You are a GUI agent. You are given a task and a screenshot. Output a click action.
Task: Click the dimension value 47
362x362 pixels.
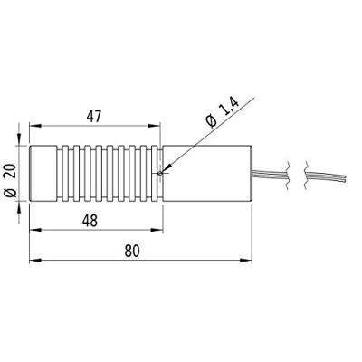pyautogui.click(x=94, y=117)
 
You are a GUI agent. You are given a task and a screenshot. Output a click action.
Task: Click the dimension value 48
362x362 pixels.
pyautogui.click(x=90, y=221)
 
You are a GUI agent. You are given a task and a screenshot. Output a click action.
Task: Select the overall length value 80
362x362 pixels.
pyautogui.click(x=132, y=251)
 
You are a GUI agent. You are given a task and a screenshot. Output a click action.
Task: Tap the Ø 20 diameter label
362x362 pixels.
pyautogui.click(x=11, y=180)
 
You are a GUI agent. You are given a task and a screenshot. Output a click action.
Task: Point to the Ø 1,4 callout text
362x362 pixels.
pyautogui.click(x=223, y=112)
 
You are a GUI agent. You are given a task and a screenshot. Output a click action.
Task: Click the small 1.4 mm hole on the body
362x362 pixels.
pyautogui.click(x=160, y=173)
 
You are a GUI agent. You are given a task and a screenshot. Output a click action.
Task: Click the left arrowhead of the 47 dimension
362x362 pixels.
pyautogui.click(x=35, y=126)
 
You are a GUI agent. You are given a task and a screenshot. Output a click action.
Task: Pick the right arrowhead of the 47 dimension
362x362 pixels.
pyautogui.click(x=153, y=126)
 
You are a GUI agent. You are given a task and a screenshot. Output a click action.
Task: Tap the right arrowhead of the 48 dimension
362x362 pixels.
pyautogui.click(x=157, y=230)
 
